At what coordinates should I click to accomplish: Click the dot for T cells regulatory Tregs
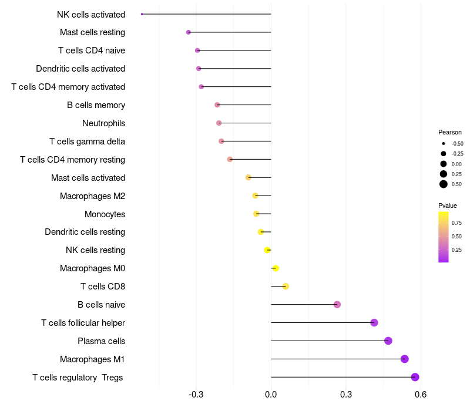(415, 377)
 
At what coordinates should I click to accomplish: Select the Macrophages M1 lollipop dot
(404, 359)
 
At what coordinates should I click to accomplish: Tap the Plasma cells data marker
(388, 341)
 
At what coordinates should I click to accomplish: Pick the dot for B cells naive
(337, 304)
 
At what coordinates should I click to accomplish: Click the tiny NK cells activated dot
(142, 14)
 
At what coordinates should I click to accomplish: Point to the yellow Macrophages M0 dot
(276, 268)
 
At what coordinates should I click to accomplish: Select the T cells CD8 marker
(286, 287)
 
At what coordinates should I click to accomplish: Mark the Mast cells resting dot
(188, 32)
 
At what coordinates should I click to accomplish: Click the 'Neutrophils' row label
(103, 123)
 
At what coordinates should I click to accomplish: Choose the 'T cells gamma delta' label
(87, 142)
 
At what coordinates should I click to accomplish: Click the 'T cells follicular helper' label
(83, 323)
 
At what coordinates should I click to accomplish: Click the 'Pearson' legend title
(449, 132)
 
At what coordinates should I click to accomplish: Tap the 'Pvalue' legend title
(447, 206)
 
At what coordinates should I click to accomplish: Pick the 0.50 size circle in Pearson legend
(443, 184)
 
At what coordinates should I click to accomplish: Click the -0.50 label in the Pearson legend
(457, 144)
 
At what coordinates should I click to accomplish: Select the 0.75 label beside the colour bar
(456, 223)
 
